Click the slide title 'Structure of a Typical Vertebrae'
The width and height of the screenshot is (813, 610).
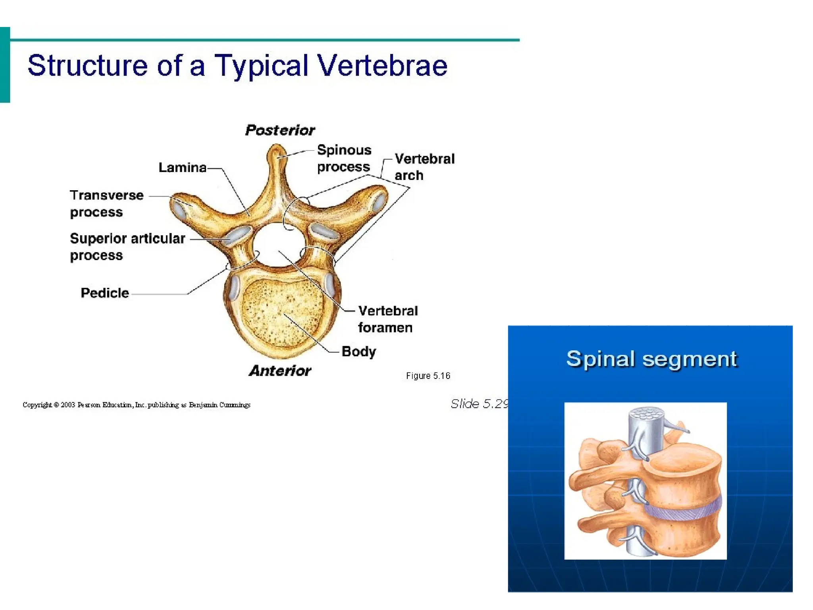pos(237,66)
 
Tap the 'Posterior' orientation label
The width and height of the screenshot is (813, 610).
pos(280,130)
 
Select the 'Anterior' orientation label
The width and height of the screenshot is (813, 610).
pos(280,371)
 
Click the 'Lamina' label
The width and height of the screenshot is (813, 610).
pos(182,168)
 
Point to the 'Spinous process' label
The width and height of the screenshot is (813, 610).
pos(344,158)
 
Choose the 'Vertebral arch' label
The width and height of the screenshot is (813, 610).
pos(424,167)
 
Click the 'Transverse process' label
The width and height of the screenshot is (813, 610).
pos(106,203)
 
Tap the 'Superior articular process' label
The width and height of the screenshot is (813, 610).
pos(127,247)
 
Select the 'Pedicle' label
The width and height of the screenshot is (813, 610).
pos(105,293)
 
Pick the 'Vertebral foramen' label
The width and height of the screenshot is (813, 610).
pos(387,319)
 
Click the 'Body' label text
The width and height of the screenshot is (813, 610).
pos(358,351)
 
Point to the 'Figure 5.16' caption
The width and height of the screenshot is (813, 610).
pos(428,376)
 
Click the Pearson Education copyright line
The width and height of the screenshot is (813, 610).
pos(136,405)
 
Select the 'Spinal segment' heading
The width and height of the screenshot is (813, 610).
pos(651,359)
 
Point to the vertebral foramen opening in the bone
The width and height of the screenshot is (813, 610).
pos(279,243)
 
